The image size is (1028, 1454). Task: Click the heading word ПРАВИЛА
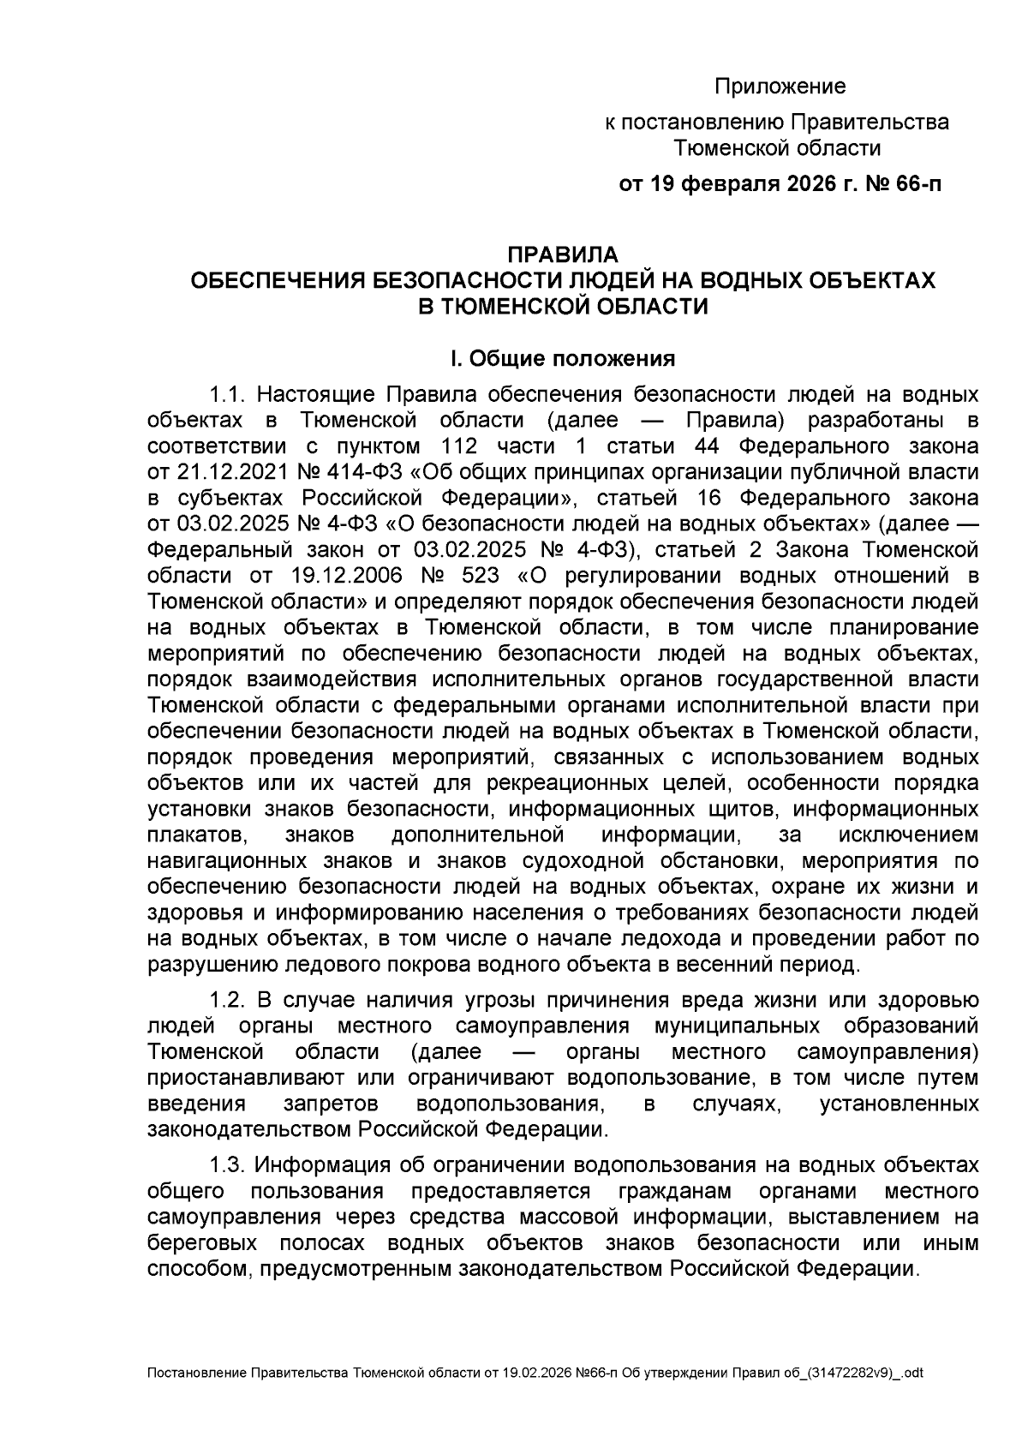point(562,254)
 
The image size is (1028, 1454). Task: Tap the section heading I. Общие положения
point(562,358)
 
